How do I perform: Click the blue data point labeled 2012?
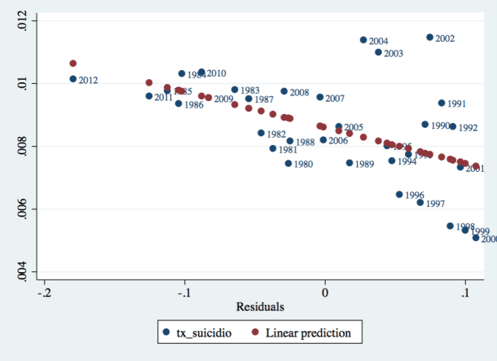coord(73,79)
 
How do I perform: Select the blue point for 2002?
coord(430,37)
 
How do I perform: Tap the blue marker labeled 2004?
coord(363,40)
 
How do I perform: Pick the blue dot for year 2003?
coord(378,52)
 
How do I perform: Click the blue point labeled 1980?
coord(288,163)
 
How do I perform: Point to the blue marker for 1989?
coord(350,163)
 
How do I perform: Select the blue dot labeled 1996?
coord(399,195)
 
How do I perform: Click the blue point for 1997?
coord(420,203)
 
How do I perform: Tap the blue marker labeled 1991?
coord(442,103)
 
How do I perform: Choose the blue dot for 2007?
coord(320,97)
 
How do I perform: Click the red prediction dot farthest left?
coord(73,63)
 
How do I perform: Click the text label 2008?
coord(299,93)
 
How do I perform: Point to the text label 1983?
coord(250,90)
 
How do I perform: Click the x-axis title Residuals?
coord(260,307)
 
